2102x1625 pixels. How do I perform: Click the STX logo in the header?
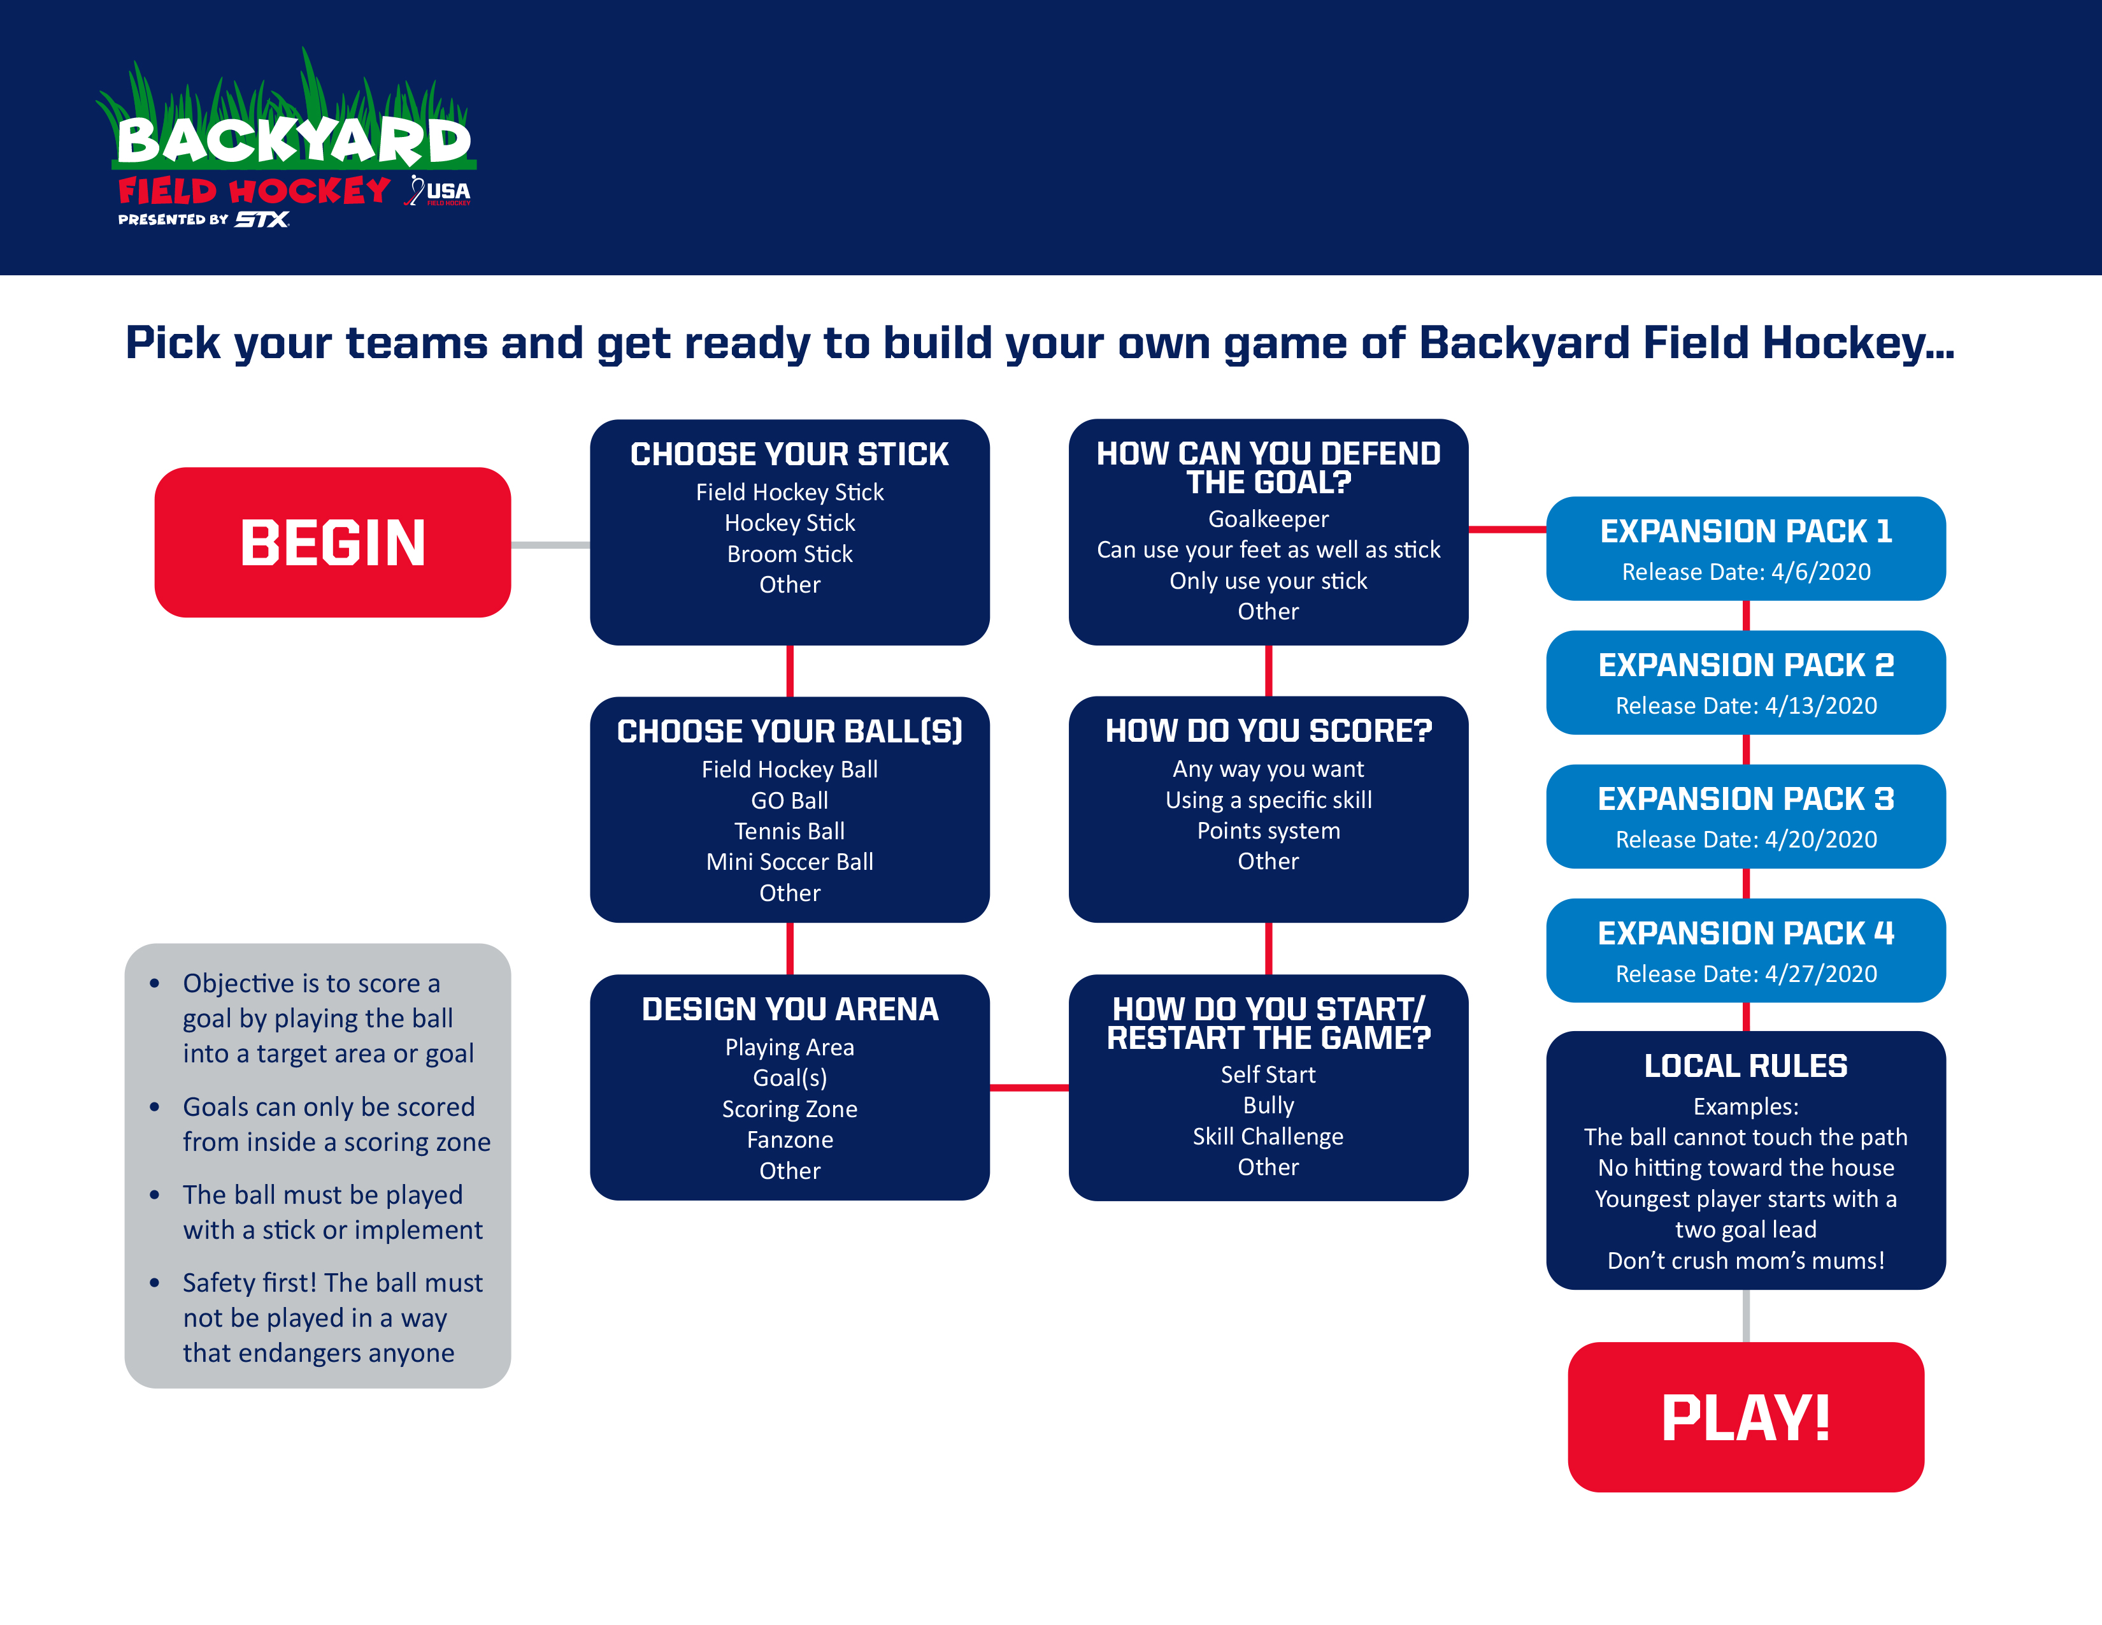tap(262, 219)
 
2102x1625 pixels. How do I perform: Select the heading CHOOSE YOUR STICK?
tap(789, 454)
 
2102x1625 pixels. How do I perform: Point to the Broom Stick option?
tap(789, 554)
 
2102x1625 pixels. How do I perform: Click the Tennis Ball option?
tap(789, 832)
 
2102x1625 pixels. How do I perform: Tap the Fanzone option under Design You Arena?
tap(789, 1140)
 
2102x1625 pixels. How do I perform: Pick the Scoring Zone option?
tap(789, 1109)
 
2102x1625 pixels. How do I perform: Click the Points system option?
tap(1268, 831)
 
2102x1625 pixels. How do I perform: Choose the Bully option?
tap(1268, 1105)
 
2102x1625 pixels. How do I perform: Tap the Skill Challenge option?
tap(1268, 1137)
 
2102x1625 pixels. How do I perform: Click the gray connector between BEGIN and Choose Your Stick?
tap(550, 545)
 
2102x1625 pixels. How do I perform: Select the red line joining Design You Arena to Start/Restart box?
tap(1029, 1088)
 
